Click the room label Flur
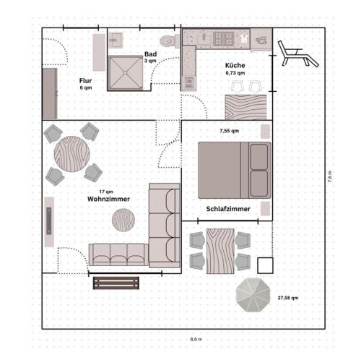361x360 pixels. [85, 80]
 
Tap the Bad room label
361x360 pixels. [150, 54]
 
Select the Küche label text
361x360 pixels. [235, 66]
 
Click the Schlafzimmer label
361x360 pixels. [228, 209]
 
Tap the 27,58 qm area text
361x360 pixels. [288, 298]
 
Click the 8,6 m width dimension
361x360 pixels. [196, 339]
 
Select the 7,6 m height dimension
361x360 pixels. [330, 177]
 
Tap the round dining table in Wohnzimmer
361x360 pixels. [72, 153]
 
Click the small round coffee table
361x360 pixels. [123, 219]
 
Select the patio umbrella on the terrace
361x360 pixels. [254, 294]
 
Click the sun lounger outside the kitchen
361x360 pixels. [295, 53]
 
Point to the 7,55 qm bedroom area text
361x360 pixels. [230, 131]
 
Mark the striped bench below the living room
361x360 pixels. [116, 283]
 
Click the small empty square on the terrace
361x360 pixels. [265, 265]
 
